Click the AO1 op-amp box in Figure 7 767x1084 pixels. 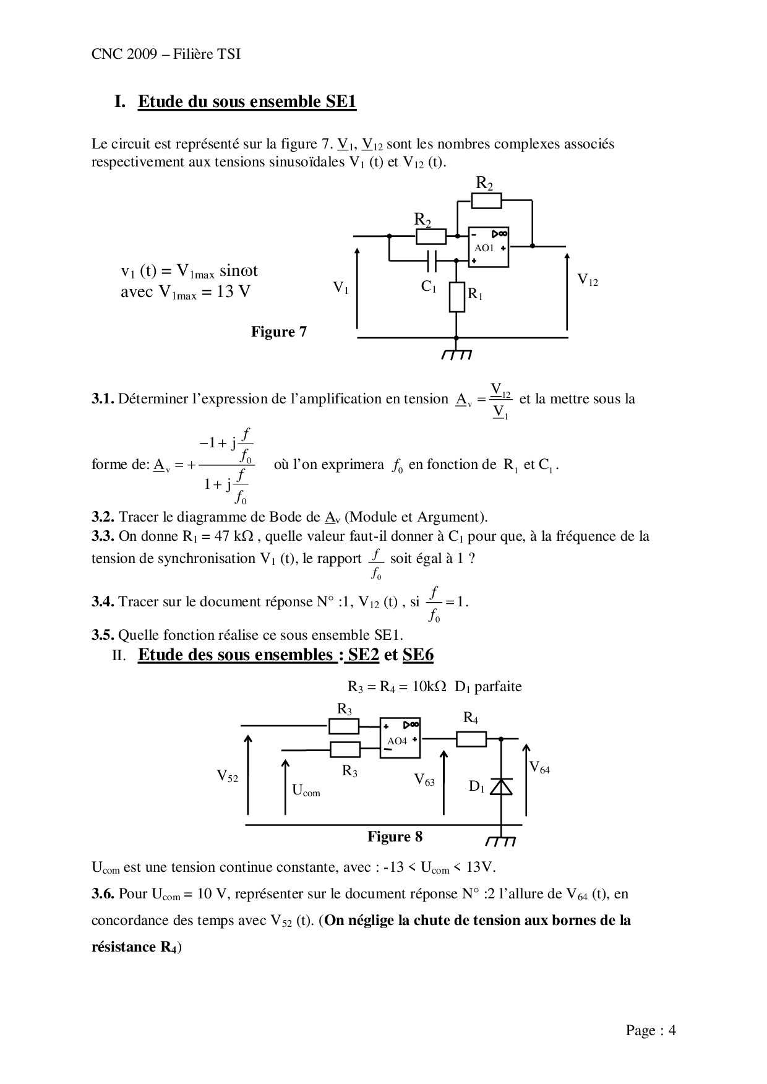pos(489,247)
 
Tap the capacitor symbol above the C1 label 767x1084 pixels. pos(432,261)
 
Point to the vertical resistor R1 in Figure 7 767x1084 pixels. pos(456,297)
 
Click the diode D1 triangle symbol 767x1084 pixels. pos(500,786)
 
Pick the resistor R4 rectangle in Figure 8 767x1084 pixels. pos(471,738)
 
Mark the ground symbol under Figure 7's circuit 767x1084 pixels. pos(456,354)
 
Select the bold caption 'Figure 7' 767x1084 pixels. pos(278,332)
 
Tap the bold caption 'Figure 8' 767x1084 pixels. pos(395,837)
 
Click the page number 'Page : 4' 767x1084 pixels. pos(651,1030)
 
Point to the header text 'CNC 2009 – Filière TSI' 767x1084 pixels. pos(166,54)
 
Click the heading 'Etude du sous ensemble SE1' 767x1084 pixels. pos(247,101)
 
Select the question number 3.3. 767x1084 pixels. pos(103,536)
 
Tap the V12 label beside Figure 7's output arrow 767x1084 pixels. pos(588,280)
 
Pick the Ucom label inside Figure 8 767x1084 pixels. pos(306,790)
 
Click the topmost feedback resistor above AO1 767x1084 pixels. pos(486,200)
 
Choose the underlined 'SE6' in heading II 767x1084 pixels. pos(418,655)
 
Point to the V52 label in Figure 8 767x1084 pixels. pos(227,776)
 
